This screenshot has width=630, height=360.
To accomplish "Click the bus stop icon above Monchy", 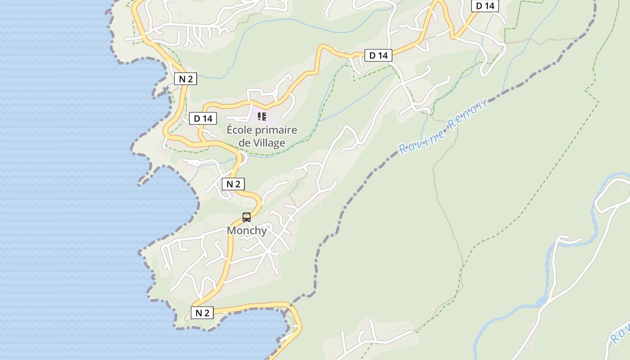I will pos(247,217).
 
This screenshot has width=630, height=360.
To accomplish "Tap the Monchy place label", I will pos(247,231).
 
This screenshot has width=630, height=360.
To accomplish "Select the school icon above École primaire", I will pos(262,117).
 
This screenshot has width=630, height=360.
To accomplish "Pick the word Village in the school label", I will pos(269,143).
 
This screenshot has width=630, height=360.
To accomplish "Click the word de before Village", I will pos(244,143).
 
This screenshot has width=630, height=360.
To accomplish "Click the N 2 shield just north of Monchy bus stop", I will pos(233,184).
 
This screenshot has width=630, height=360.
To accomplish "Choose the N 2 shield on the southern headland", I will pos(202,313).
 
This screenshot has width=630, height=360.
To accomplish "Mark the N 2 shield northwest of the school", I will pos(185,79).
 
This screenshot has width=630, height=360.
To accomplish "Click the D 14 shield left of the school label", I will pos(203,118).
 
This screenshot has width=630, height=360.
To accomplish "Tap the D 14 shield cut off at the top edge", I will pos(485,6).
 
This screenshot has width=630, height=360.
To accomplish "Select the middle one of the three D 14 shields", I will pos(378,55).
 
